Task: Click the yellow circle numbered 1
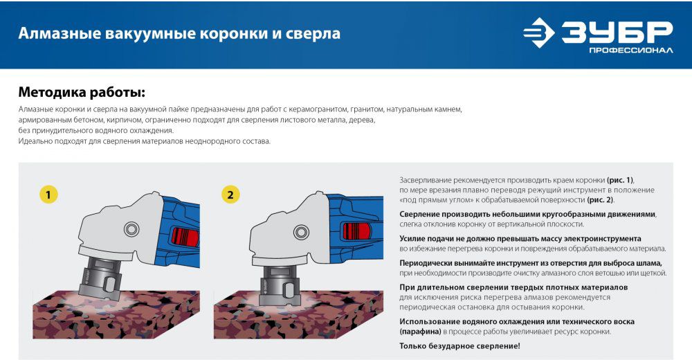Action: [x=48, y=195]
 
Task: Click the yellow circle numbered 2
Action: [x=230, y=195]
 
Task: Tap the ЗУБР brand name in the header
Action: [x=617, y=33]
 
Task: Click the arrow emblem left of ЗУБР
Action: [x=539, y=33]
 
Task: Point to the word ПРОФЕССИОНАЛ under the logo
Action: [x=631, y=51]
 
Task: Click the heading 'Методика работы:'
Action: [x=82, y=93]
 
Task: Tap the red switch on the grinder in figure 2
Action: [x=356, y=232]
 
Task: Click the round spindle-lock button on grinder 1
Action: [x=131, y=229]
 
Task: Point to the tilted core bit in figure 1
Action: [x=100, y=276]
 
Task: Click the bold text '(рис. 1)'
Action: [x=620, y=180]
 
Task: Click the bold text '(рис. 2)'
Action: [x=600, y=200]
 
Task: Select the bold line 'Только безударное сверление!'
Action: [x=460, y=346]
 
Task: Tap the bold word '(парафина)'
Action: [x=420, y=332]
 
